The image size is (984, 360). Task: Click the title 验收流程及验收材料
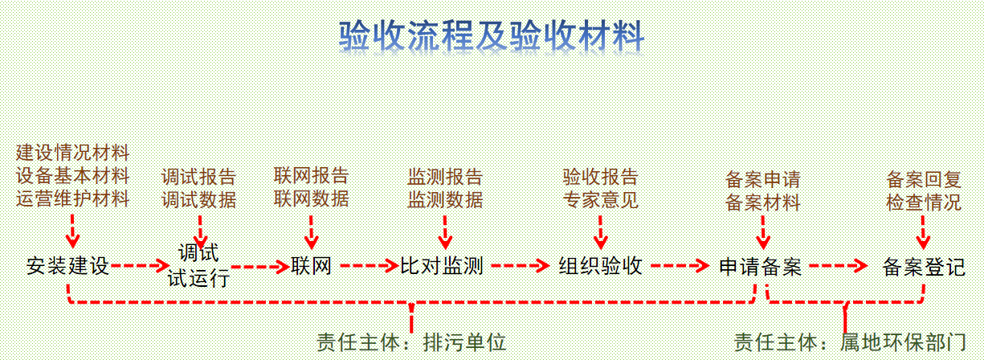(x=491, y=35)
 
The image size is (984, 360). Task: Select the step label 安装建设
(x=67, y=266)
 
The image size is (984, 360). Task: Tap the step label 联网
(x=312, y=266)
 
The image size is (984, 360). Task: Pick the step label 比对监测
(x=442, y=266)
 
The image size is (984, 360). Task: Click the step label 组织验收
(x=601, y=266)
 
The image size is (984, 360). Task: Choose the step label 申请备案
(x=760, y=266)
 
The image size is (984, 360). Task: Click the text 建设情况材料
(x=72, y=153)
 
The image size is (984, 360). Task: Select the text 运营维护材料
(x=72, y=198)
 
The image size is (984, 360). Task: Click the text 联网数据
(x=311, y=198)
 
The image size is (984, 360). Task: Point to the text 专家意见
(x=600, y=198)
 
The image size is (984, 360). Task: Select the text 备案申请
(x=762, y=178)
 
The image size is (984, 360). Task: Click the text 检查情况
(x=923, y=201)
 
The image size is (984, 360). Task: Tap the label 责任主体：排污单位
(x=411, y=342)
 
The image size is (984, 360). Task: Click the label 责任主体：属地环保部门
(x=850, y=342)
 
